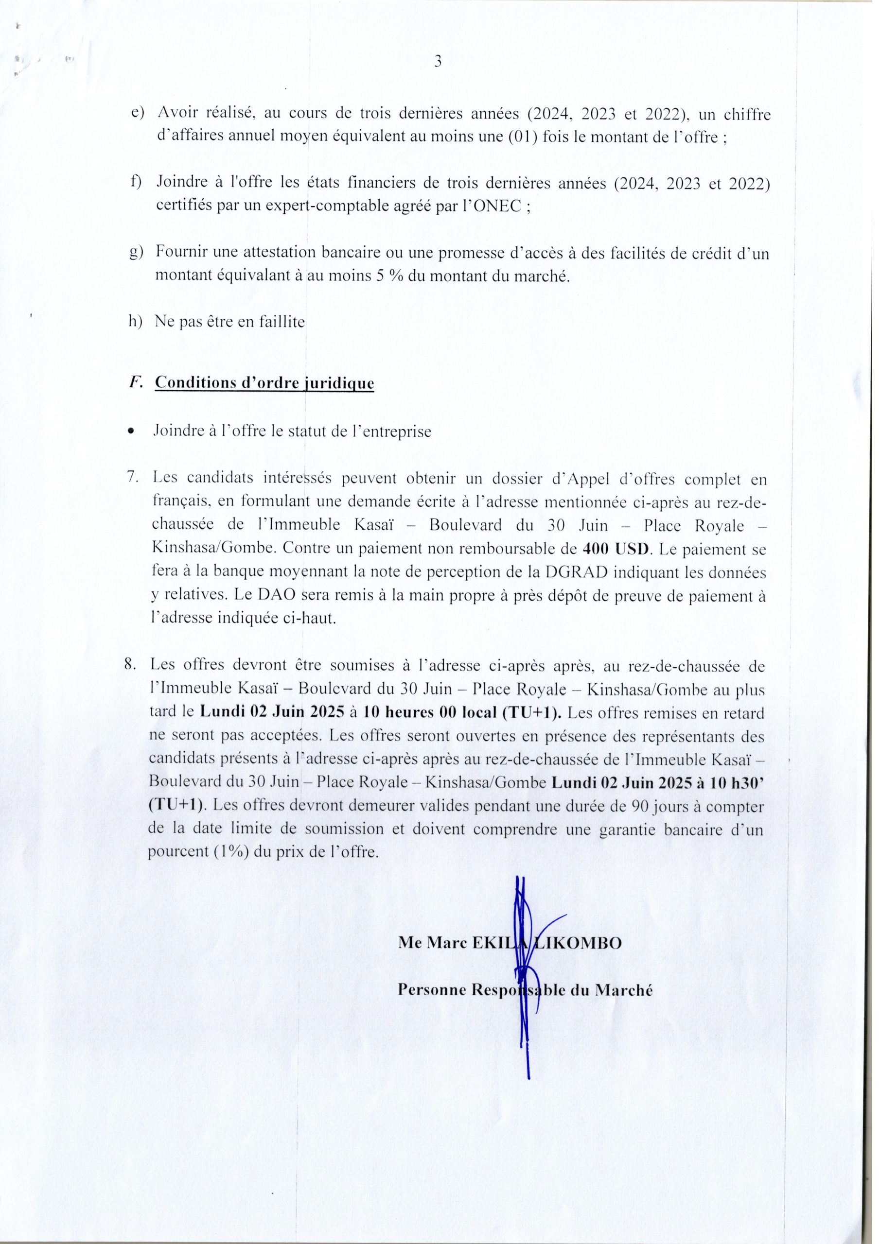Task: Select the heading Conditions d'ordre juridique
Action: pyautogui.click(x=264, y=382)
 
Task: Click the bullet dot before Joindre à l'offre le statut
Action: pyautogui.click(x=130, y=432)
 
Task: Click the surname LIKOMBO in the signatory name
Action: pyautogui.click(x=579, y=943)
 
